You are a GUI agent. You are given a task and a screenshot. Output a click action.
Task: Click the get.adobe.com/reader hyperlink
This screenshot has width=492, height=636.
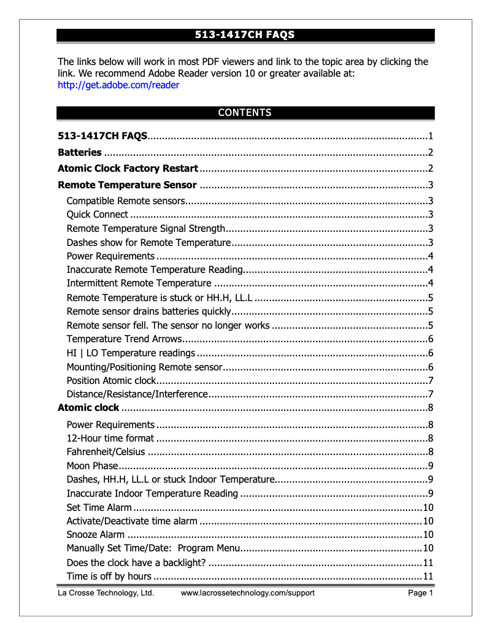[118, 85]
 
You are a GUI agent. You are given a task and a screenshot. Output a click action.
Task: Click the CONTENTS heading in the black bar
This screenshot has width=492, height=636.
[245, 113]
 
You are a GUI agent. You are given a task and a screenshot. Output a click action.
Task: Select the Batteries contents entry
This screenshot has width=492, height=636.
[80, 153]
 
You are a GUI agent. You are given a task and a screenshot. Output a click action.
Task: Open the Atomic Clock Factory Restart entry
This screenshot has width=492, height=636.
[128, 169]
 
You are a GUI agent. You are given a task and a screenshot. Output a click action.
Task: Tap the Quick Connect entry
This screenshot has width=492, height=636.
[98, 215]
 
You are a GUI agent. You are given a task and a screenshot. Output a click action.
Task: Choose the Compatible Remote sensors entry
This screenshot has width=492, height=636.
[125, 201]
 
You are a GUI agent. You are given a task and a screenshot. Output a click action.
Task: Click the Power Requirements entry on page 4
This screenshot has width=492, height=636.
[110, 256]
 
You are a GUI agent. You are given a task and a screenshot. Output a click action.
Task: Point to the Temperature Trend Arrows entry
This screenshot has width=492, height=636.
[125, 339]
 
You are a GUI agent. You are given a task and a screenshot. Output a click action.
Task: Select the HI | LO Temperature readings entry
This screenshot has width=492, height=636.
[131, 353]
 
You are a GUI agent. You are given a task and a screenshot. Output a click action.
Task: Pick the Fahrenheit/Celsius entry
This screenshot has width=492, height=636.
[106, 453]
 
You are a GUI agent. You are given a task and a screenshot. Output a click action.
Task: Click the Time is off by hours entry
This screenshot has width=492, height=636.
[109, 577]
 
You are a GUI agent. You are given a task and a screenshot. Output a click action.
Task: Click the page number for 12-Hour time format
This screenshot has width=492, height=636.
[431, 439]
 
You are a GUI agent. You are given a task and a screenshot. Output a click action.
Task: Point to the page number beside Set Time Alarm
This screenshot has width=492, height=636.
[429, 507]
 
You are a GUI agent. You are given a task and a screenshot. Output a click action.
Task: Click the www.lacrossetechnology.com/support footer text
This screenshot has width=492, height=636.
[247, 593]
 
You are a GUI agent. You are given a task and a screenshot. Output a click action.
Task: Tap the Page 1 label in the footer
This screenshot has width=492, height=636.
[421, 593]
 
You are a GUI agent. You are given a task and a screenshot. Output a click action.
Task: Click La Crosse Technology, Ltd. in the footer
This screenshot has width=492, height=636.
[106, 593]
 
